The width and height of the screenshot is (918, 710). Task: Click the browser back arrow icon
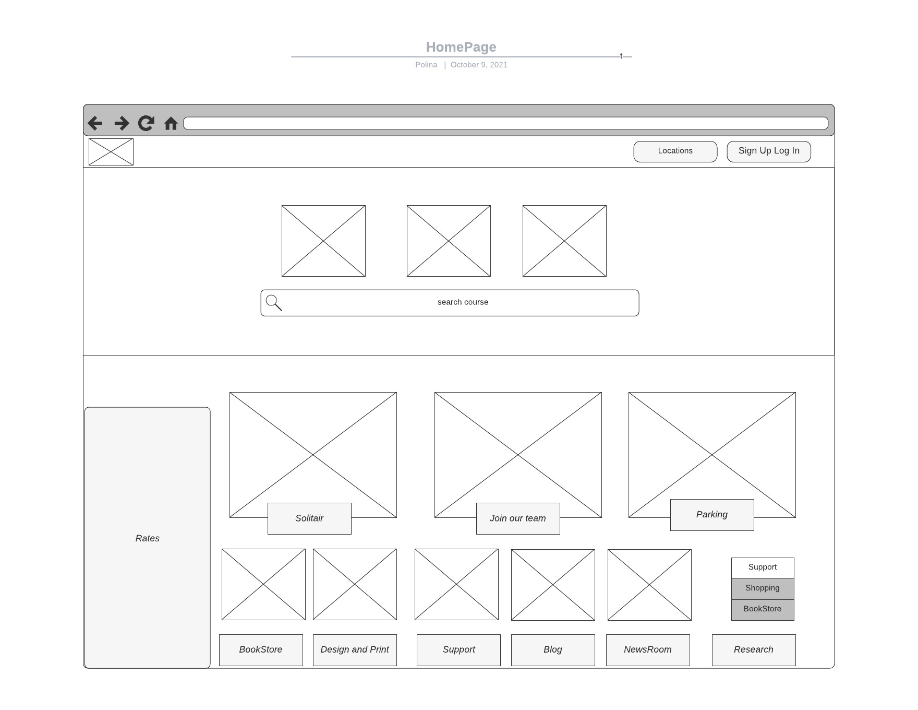(95, 123)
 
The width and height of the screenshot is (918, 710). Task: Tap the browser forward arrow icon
(122, 123)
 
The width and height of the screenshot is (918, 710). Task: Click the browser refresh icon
(146, 123)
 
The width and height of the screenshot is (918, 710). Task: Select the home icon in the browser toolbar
(171, 123)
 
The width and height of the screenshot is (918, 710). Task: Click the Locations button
(675, 151)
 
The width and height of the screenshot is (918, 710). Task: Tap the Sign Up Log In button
(769, 151)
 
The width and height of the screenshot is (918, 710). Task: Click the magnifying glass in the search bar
(274, 303)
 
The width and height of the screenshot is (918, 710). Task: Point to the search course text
(463, 302)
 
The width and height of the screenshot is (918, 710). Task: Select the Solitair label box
(309, 518)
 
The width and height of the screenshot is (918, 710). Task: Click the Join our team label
(518, 518)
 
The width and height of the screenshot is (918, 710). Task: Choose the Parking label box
(712, 515)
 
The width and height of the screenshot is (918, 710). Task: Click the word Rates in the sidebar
(148, 538)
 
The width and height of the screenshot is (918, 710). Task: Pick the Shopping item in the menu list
(763, 589)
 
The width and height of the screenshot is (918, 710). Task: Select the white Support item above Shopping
(763, 568)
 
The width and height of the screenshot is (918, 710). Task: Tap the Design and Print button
(355, 650)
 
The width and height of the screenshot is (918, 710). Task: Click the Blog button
(553, 650)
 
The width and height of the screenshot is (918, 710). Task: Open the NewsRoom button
(648, 650)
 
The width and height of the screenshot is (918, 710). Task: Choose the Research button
(754, 650)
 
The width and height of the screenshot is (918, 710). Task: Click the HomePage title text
(461, 47)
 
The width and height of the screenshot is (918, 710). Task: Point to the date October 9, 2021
(479, 65)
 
